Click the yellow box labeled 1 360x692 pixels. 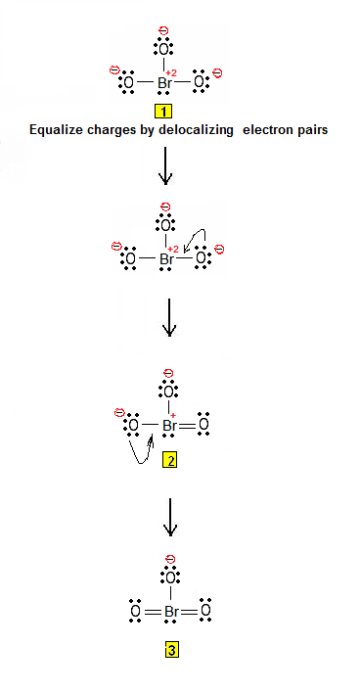[x=163, y=112]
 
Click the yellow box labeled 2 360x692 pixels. [x=170, y=461]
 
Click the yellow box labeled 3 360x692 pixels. [x=171, y=650]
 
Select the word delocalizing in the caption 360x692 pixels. [x=203, y=130]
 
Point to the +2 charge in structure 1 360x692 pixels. [x=171, y=73]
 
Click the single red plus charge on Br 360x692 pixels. [x=173, y=415]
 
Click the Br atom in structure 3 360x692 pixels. [x=171, y=612]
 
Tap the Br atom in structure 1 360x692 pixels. [x=164, y=82]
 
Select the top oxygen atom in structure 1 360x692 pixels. [x=163, y=49]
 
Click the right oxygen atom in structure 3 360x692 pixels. [x=205, y=612]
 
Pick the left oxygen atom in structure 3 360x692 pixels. [x=136, y=612]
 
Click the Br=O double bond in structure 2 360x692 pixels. [x=188, y=426]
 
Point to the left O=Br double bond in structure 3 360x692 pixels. [x=153, y=612]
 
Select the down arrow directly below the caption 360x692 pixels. [x=165, y=165]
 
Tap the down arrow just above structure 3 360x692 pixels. [x=170, y=517]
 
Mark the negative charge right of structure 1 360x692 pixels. [x=217, y=72]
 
